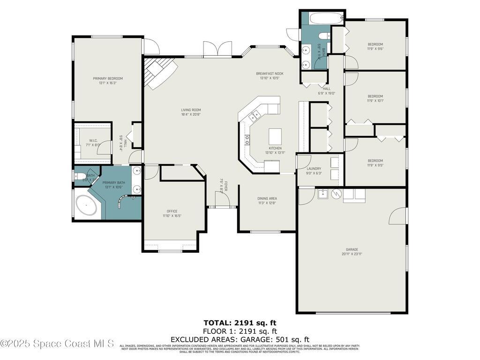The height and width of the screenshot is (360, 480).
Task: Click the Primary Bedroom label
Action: pyautogui.click(x=108, y=79)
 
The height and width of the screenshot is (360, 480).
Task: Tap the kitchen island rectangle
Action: pyautogui.click(x=275, y=136)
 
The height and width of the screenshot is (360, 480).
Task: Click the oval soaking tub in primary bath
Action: pyautogui.click(x=87, y=206)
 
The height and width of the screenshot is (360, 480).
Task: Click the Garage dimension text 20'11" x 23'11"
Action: pyautogui.click(x=352, y=254)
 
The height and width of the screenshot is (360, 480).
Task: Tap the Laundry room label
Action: pyautogui.click(x=314, y=169)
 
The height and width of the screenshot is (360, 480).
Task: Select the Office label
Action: pyautogui.click(x=172, y=211)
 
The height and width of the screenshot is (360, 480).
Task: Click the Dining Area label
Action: pyautogui.click(x=267, y=198)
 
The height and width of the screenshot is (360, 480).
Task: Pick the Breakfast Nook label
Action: pyautogui.click(x=270, y=74)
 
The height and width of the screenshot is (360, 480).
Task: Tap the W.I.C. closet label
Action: pyautogui.click(x=93, y=141)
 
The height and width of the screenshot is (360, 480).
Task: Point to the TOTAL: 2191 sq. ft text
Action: pyautogui.click(x=240, y=322)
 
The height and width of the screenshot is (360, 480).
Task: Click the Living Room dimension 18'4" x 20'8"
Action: pyautogui.click(x=191, y=114)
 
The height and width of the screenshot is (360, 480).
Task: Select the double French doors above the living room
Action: pyautogui.click(x=217, y=49)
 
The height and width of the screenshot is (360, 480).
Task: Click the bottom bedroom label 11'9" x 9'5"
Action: pyautogui.click(x=375, y=165)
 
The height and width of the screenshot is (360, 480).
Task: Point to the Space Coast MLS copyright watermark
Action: pyautogui.click(x=57, y=344)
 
